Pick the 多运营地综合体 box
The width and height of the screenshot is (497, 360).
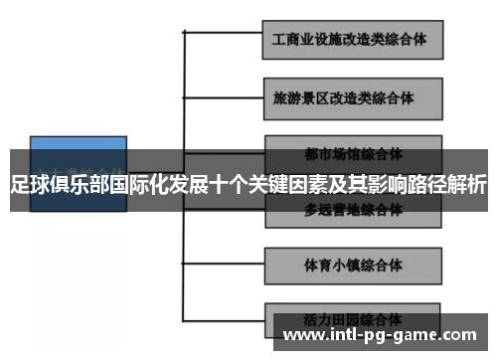click(353, 210)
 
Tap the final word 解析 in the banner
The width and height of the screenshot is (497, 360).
click(465, 185)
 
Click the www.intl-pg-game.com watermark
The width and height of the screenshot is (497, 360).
click(387, 335)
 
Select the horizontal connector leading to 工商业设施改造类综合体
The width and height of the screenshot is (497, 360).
click(224, 34)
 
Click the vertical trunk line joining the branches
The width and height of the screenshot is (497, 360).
click(185, 119)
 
